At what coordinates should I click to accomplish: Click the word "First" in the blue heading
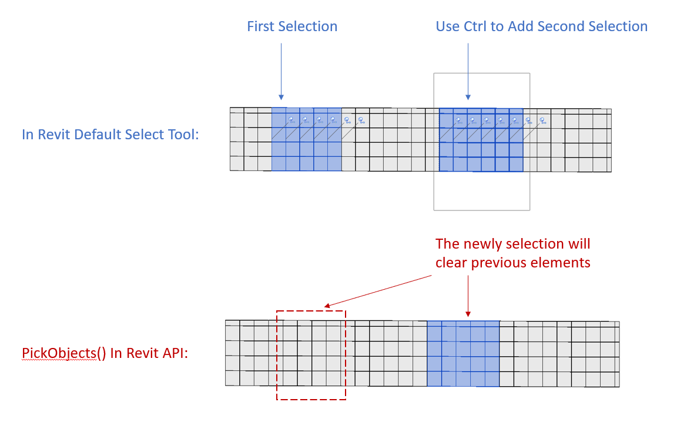pos(260,26)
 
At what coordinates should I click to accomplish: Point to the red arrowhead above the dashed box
pos(327,306)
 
